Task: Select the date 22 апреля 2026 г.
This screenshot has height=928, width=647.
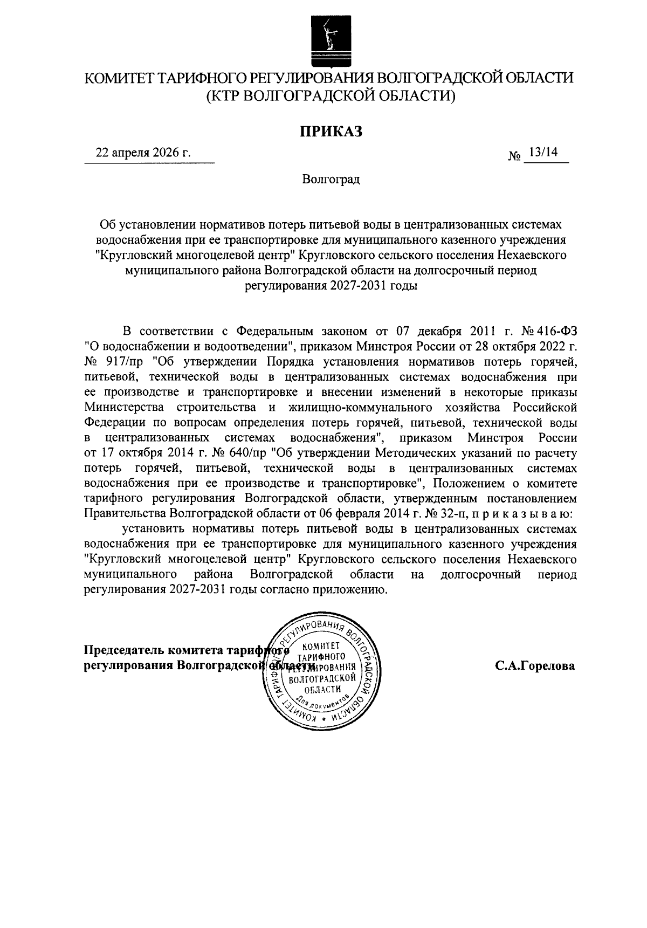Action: tap(143, 153)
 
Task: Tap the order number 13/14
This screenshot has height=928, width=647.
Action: tap(543, 153)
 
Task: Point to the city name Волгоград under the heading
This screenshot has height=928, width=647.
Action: tap(331, 179)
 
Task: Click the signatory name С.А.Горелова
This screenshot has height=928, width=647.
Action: tap(535, 666)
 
